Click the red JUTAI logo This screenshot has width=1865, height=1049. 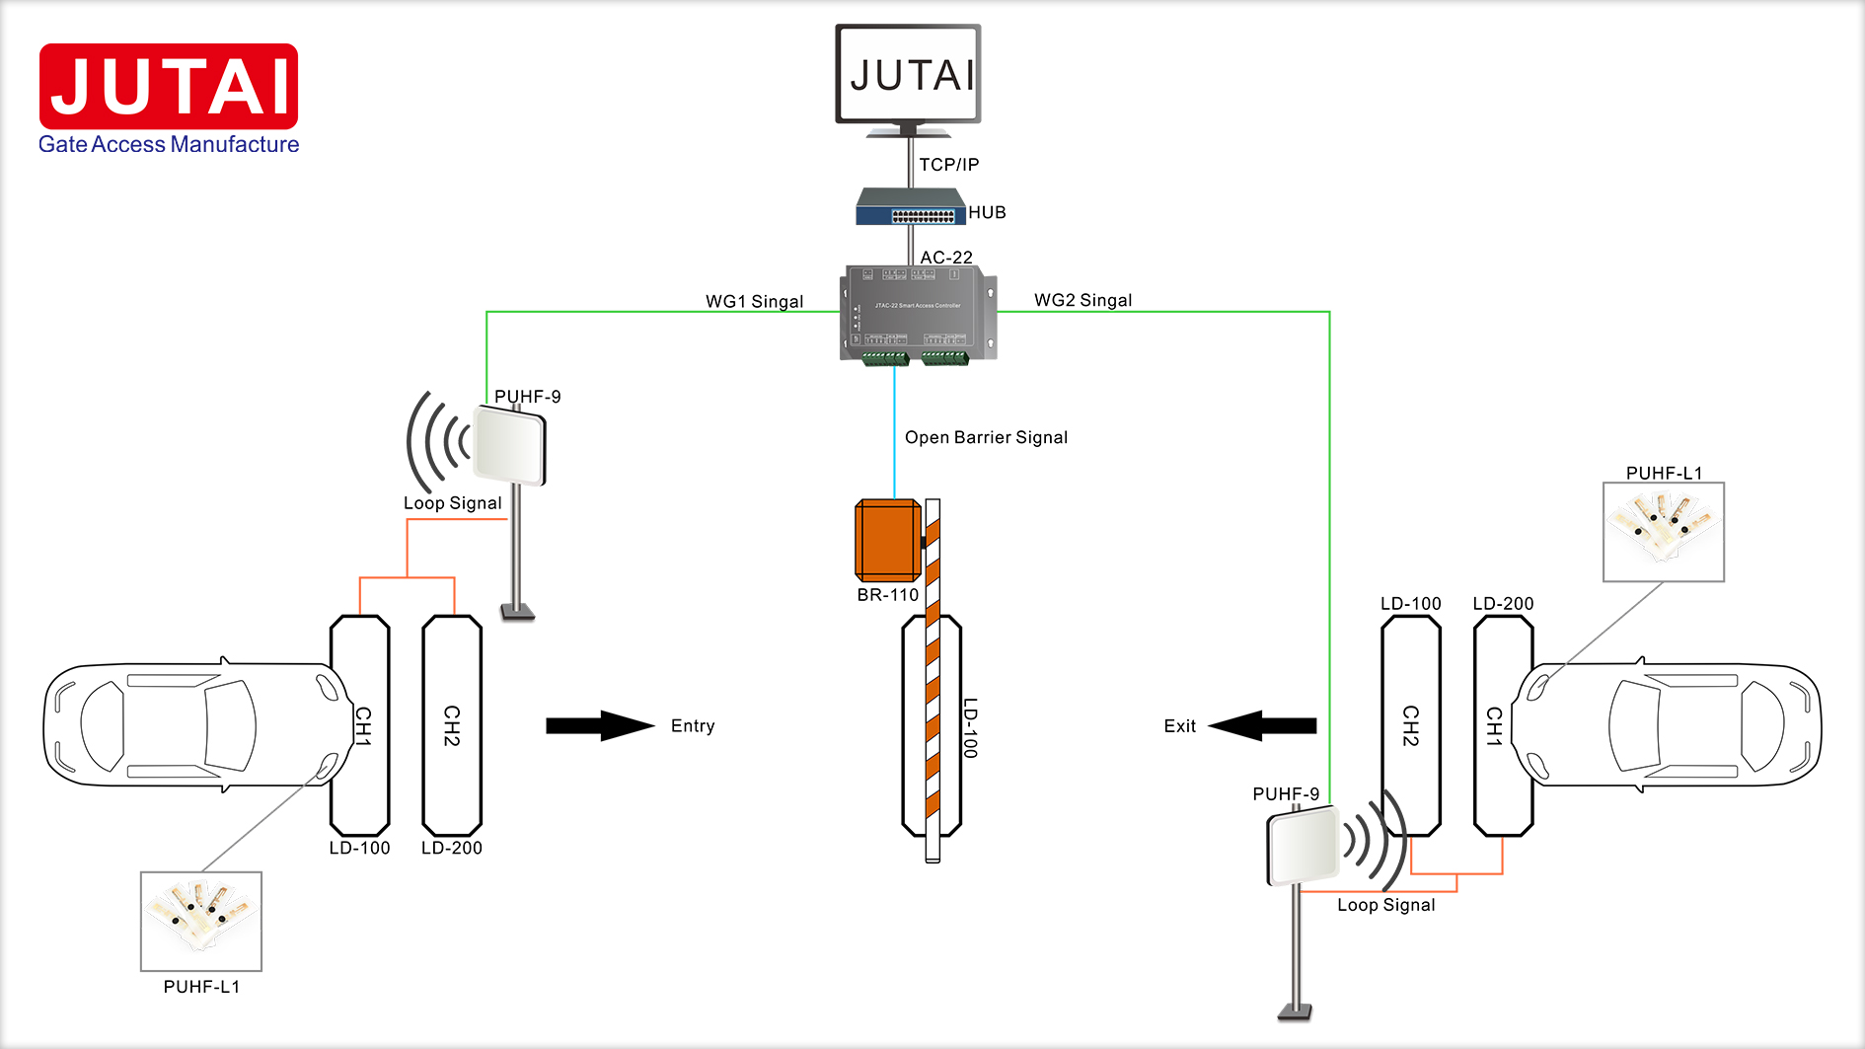click(169, 86)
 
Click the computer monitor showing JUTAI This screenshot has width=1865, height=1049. click(908, 75)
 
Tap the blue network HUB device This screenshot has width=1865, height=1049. click(909, 208)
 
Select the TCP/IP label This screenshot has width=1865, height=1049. click(948, 165)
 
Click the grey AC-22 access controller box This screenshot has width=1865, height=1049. click(918, 312)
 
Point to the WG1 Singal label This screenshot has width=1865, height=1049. click(754, 301)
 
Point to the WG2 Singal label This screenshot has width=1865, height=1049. click(1082, 300)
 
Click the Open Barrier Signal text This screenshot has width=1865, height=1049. click(986, 437)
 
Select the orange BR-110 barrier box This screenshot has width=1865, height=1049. click(887, 540)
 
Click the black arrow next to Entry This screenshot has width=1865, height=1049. click(599, 726)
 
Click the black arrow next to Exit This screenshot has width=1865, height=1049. click(1263, 726)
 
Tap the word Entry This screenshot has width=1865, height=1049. click(693, 726)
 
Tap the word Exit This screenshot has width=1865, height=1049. click(1179, 726)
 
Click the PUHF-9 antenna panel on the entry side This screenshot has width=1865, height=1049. click(509, 446)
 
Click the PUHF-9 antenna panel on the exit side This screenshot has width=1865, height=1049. click(1303, 846)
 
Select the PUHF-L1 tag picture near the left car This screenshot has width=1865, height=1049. click(201, 921)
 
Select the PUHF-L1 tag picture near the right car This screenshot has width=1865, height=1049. click(1664, 532)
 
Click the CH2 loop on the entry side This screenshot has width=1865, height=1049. click(452, 725)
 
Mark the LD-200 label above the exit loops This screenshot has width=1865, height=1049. click(1503, 603)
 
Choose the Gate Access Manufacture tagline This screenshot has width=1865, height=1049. click(169, 144)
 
